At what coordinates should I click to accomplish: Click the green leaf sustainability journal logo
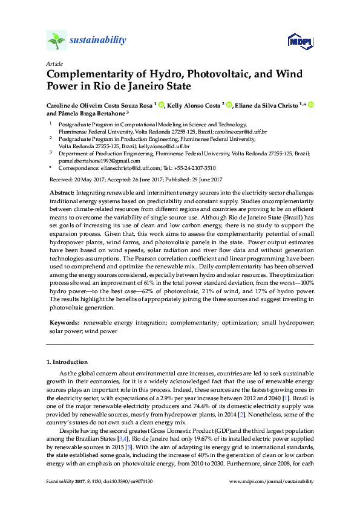click(x=56, y=41)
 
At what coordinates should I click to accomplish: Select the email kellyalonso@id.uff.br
click(x=164, y=146)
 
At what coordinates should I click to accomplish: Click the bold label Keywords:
click(x=63, y=323)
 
